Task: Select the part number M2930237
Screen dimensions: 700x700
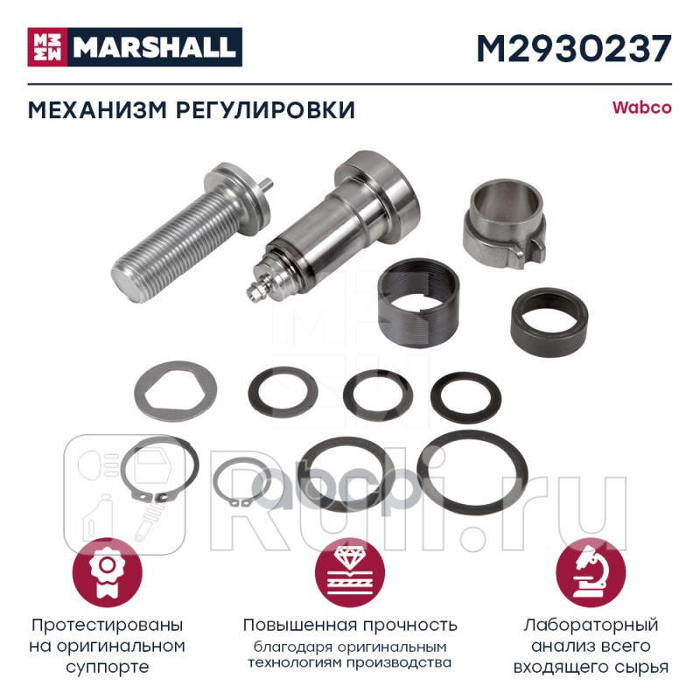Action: (573, 46)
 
